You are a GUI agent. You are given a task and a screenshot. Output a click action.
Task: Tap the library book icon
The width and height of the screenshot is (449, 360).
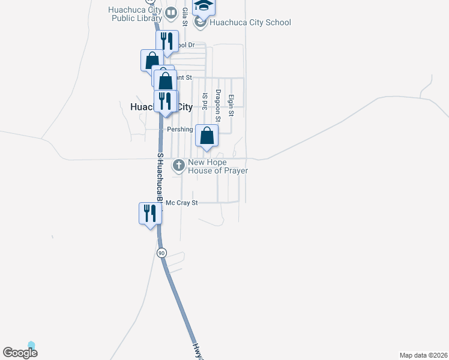pos(171,13)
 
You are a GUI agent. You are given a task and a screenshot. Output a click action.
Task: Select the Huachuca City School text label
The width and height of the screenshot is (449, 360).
pos(250,23)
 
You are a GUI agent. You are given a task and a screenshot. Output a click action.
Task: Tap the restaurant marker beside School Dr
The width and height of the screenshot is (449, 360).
pos(167,41)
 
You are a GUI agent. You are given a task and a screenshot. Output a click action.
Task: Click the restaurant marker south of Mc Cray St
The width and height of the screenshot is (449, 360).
pos(150,214)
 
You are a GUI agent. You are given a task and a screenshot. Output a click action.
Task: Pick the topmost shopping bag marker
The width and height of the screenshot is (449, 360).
pos(152,60)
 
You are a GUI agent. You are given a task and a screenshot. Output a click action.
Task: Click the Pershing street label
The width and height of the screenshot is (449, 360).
pos(179,129)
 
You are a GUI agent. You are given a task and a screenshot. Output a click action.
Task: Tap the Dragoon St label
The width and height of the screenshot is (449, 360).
pos(218,106)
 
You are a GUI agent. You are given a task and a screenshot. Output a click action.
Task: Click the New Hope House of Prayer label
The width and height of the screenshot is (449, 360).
pos(218,166)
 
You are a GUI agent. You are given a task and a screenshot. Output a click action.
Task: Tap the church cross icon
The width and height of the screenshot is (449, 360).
pos(178,165)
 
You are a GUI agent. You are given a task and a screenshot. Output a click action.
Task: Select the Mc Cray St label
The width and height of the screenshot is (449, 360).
pos(181,203)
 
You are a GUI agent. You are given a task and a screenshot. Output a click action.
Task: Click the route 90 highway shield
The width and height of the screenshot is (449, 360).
pos(161,253)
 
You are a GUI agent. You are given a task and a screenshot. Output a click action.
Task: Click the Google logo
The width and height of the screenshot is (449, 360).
pos(20,352)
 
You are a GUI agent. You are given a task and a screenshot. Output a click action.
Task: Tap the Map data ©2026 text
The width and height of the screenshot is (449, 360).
pos(423,355)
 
